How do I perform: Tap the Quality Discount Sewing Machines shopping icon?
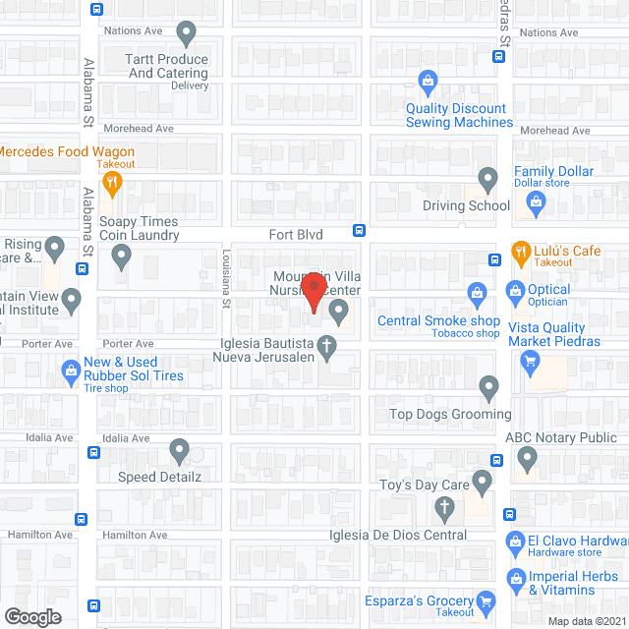point(428,81)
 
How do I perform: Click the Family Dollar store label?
point(554,172)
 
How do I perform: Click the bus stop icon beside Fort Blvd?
point(361,231)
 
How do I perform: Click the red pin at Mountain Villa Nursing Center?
point(314,291)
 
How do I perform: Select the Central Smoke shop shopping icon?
point(477,291)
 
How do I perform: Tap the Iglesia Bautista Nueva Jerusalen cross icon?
point(327,345)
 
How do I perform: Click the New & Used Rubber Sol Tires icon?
point(70,370)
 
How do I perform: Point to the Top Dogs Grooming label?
point(449,414)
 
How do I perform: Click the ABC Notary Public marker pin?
point(528,457)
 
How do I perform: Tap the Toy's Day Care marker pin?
point(482,482)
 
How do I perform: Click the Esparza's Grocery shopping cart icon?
point(486,600)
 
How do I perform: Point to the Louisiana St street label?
point(224,279)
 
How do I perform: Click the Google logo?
point(31,616)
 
